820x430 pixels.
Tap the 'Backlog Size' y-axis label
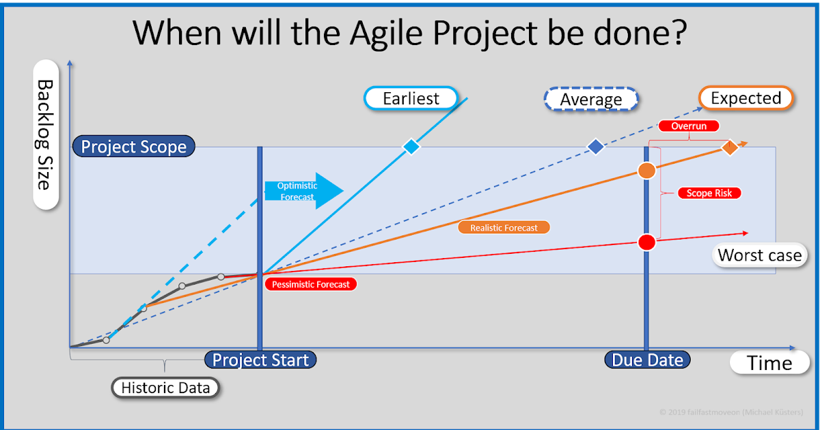[45, 134]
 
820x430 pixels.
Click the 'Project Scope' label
[134, 147]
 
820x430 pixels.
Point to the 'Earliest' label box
[411, 98]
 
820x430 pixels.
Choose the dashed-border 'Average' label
[591, 100]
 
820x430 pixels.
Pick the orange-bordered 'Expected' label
[746, 98]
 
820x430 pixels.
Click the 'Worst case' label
[759, 255]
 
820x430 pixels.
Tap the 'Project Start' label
[260, 360]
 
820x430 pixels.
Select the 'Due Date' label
[646, 360]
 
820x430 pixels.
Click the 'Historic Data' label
[165, 388]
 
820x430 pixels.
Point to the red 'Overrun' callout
[688, 126]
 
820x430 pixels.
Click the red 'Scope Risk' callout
[709, 193]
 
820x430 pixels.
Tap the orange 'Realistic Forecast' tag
[504, 228]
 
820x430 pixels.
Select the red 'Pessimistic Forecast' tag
[310, 285]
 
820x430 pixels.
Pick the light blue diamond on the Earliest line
[411, 147]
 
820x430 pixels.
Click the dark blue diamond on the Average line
[596, 147]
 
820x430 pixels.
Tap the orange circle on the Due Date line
[646, 171]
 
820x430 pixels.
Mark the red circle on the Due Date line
[646, 242]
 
